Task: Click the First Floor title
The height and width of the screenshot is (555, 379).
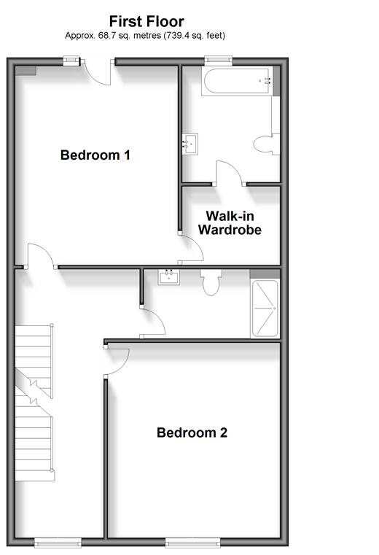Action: point(146,22)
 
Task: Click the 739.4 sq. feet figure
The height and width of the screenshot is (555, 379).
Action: point(194,36)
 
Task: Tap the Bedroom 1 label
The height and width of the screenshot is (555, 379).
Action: point(95,155)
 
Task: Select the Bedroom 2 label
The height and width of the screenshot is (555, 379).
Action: point(192,432)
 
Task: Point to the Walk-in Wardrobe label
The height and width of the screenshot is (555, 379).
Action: point(230,223)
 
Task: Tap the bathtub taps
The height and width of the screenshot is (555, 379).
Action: point(267,81)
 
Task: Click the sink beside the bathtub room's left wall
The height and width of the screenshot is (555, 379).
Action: point(190,144)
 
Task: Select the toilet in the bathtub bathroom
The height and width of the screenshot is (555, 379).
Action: point(267,144)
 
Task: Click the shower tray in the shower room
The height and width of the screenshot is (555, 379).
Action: point(265,308)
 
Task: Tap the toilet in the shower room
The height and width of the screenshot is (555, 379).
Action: point(211,282)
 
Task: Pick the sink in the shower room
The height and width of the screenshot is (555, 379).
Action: point(169,277)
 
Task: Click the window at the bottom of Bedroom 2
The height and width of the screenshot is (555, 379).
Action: point(193,543)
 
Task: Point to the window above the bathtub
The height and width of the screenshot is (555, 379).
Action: point(219,61)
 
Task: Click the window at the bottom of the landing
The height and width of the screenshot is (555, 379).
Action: point(58,543)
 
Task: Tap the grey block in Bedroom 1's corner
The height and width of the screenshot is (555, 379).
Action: point(26,71)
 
